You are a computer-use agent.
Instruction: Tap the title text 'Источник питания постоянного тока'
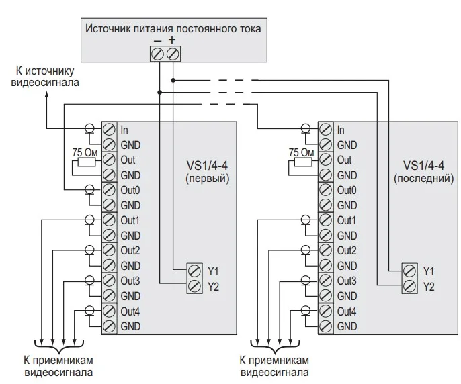[x=172, y=29]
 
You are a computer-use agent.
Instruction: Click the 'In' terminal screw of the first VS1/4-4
[x=110, y=130]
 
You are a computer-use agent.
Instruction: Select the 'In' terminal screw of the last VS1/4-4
[x=326, y=130]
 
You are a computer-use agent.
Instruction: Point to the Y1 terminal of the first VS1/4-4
[x=195, y=271]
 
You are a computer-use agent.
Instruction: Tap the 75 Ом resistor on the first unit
[x=87, y=162]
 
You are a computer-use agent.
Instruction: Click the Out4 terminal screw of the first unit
[x=110, y=311]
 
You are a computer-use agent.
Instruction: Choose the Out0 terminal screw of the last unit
[x=326, y=190]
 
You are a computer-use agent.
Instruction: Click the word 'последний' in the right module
[x=424, y=179]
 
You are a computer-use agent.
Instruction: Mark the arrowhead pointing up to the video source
[x=46, y=96]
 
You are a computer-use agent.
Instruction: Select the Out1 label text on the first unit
[x=130, y=220]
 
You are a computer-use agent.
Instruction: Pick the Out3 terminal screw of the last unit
[x=326, y=281]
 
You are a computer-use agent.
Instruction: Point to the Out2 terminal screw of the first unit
[x=110, y=250]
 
